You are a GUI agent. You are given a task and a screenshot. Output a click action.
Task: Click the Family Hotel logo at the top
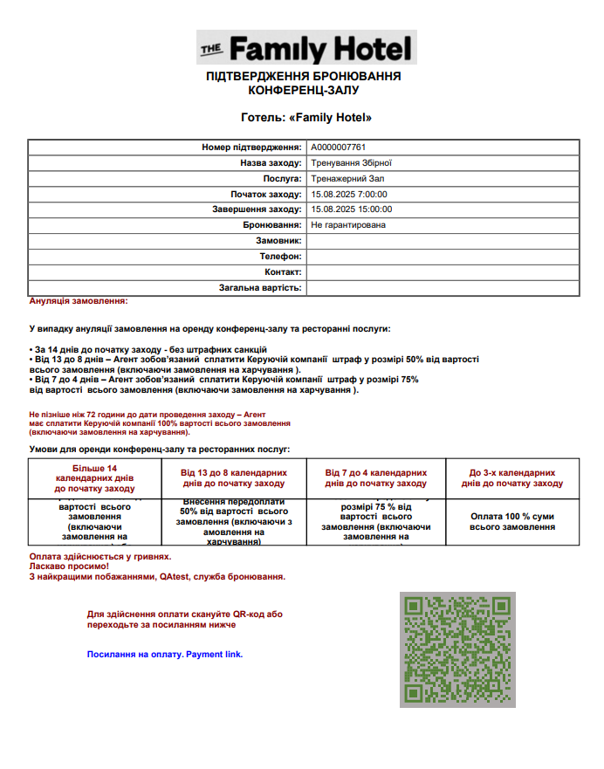click(305, 48)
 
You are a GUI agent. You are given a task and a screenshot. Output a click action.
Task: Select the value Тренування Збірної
click(352, 162)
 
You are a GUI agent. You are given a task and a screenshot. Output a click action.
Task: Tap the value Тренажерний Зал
click(347, 178)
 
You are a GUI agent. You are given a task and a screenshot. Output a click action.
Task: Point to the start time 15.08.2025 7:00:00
click(349, 194)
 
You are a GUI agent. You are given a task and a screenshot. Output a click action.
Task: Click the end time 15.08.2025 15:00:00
click(352, 209)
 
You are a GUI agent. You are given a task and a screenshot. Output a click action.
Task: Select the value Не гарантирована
click(348, 225)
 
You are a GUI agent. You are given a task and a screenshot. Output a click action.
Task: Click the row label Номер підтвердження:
click(251, 148)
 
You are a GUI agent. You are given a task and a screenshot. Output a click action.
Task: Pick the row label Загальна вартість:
click(260, 287)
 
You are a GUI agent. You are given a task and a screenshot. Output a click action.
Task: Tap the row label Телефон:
click(280, 257)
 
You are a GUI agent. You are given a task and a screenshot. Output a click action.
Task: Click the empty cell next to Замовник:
click(443, 241)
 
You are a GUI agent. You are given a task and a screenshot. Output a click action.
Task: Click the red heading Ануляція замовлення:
click(79, 301)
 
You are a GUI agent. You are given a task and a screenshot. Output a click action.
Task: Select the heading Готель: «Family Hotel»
click(306, 117)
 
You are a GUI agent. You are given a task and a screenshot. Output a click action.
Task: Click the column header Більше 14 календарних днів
click(94, 478)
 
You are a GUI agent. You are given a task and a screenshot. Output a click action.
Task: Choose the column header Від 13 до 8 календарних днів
click(234, 477)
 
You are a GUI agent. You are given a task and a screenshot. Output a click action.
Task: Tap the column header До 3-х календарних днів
click(512, 477)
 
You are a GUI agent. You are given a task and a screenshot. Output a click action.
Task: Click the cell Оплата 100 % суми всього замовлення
click(512, 521)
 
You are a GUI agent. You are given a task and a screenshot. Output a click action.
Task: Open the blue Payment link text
click(165, 654)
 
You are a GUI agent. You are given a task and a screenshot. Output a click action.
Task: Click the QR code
click(457, 649)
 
